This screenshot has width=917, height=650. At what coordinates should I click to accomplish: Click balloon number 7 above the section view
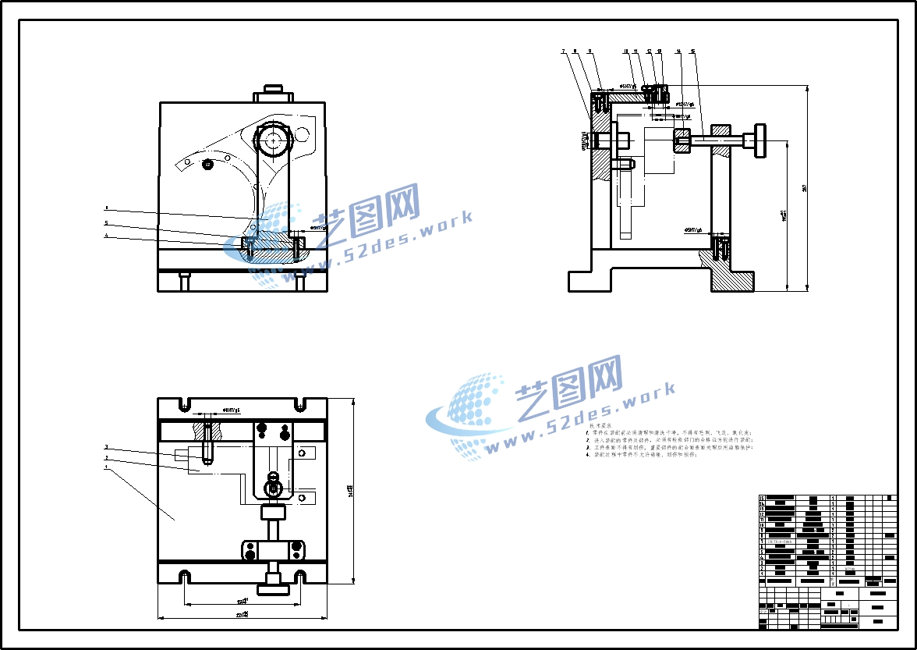coord(563,52)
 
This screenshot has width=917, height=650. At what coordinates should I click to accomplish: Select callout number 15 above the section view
coord(693,52)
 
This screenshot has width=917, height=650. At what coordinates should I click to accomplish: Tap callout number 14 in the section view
coord(678,52)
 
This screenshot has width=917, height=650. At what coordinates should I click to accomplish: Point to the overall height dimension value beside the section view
coord(804,187)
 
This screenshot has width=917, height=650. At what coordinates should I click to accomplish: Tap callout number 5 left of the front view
coord(107,222)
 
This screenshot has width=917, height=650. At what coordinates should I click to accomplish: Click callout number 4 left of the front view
coord(107,236)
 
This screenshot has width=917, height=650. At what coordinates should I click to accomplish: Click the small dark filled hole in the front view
coord(207,165)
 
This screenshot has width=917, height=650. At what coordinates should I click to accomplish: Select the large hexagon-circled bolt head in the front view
coord(274,140)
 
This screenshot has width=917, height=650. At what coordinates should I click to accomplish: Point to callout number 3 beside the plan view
coord(107,448)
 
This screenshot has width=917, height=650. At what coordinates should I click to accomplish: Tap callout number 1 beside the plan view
coord(107,467)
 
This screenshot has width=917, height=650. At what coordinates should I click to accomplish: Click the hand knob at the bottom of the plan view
coord(274,581)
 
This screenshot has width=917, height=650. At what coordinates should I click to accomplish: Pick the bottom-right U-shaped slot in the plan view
coord(299,577)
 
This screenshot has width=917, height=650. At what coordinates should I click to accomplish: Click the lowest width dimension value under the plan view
coord(243,616)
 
